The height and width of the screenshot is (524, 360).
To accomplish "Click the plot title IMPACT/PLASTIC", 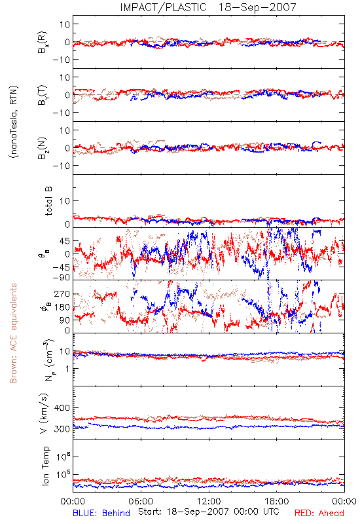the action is click(163, 7).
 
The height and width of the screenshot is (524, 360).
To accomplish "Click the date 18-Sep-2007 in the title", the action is click(257, 7).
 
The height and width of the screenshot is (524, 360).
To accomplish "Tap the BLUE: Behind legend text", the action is click(101, 513).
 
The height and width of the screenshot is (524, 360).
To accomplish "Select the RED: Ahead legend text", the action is click(319, 513).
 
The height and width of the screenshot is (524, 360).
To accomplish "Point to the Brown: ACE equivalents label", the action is click(13, 333).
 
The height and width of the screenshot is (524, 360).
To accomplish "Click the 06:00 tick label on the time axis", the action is click(141, 501).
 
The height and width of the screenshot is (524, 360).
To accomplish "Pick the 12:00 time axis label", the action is click(209, 501).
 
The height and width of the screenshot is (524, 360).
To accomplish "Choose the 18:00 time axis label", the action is click(277, 501).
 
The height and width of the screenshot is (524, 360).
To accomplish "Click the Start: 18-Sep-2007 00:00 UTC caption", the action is click(209, 512).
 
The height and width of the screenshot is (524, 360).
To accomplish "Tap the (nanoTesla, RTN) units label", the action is click(14, 122).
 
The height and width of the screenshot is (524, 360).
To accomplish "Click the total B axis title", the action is click(48, 201).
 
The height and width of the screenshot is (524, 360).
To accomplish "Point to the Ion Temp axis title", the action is click(45, 466).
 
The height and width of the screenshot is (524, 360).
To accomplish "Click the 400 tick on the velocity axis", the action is click(62, 407).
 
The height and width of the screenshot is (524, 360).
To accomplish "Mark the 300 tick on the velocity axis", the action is click(62, 429).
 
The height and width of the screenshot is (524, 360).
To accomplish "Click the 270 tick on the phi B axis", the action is click(62, 293).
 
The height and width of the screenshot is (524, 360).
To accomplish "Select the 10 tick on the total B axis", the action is click(65, 201).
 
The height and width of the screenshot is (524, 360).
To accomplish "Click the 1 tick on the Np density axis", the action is click(67, 369).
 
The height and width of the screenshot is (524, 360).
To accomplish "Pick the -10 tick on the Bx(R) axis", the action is click(61, 60).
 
